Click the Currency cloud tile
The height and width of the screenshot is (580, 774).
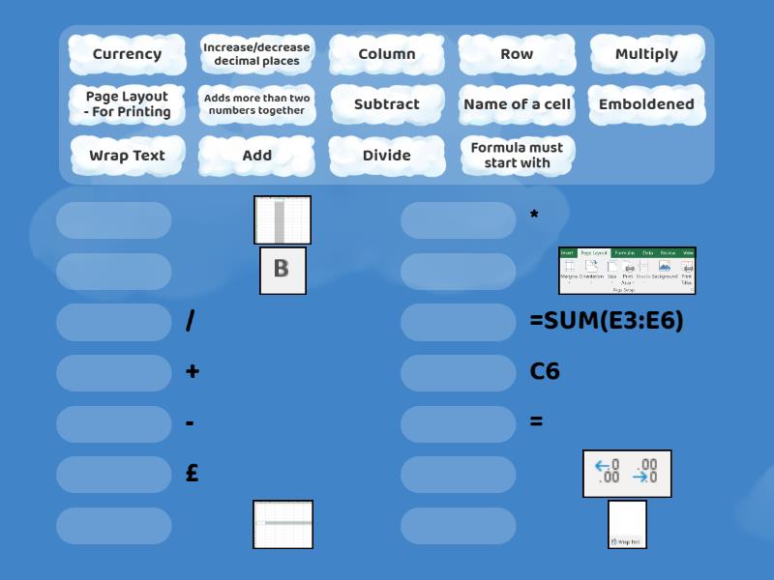point(127,54)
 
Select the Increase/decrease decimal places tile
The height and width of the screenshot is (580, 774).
point(256,54)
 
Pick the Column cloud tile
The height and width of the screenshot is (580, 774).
point(387,54)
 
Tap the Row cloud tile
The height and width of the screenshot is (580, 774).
point(517,54)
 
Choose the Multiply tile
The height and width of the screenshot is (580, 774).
point(646,54)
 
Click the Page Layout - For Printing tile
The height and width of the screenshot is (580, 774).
point(127,104)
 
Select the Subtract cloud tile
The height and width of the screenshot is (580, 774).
point(387,104)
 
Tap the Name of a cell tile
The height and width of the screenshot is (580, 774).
point(517,104)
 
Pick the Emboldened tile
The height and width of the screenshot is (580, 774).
point(646,104)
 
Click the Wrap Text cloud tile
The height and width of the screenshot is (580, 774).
point(127,155)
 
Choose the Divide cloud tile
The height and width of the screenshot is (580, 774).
point(387,155)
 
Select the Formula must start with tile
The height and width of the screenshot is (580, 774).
point(517,155)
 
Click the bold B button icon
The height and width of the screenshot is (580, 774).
point(283,270)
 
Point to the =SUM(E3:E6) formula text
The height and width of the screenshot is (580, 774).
point(607,321)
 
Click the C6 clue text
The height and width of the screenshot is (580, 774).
point(545,371)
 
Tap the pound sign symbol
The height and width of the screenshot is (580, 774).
point(193,474)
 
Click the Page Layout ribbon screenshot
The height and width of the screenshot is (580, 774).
point(627,271)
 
